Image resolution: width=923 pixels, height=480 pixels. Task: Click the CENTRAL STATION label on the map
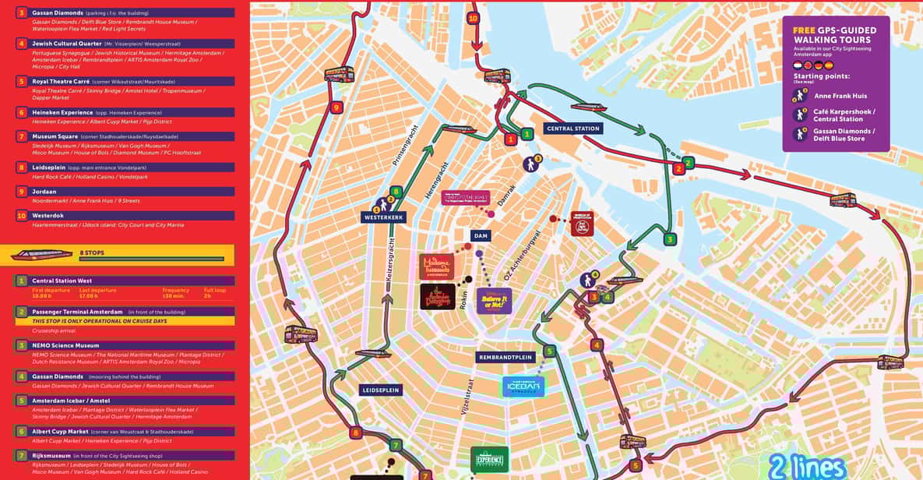pos(572,129)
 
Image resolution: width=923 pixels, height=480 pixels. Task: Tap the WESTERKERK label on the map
pos(384,217)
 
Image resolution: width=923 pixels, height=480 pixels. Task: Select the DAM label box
pos(481,235)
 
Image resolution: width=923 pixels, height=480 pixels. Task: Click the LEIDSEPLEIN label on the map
pos(381,390)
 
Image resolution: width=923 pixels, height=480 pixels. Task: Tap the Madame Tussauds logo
pos(436,266)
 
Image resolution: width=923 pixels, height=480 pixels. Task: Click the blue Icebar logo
pos(523,386)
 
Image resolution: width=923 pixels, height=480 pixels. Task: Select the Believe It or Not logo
pos(494,300)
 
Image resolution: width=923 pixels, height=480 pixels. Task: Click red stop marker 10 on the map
pos(473,18)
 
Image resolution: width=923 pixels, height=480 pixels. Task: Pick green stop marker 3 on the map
pos(670,239)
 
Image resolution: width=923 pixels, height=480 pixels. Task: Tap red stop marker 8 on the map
pos(356,432)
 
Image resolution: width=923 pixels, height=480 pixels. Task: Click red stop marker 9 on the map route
pos(336,108)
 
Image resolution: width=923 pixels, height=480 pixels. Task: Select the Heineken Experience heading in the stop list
pos(63,113)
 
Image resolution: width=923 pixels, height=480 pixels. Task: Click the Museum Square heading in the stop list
pos(55,136)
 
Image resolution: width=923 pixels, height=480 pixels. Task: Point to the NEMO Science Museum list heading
pos(65,345)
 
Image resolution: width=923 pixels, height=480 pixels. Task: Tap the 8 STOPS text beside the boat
pos(91,253)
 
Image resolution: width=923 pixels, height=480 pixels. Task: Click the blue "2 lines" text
pos(807,466)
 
